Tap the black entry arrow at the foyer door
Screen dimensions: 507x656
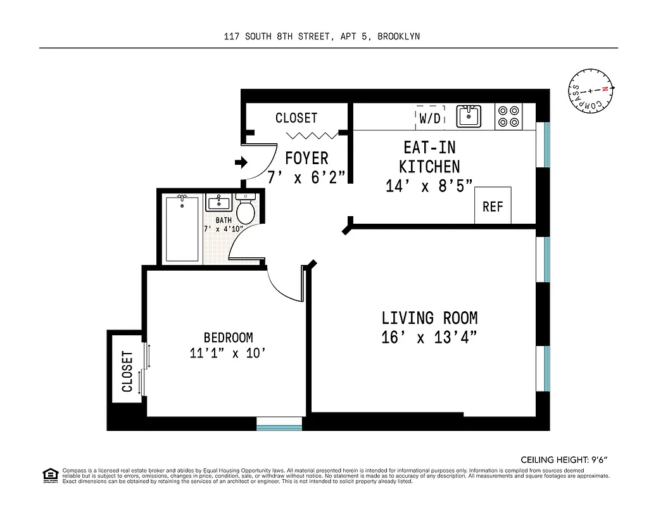[241, 163]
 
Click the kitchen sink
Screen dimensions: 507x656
[469, 117]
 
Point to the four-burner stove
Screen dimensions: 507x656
[508, 116]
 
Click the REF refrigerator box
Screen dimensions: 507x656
[493, 206]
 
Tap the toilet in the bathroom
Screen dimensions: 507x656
[246, 209]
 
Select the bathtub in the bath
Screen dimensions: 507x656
[182, 229]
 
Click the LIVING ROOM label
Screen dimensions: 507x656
[429, 318]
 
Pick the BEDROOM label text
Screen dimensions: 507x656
[228, 337]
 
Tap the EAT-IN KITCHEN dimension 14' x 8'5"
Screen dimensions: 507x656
[430, 186]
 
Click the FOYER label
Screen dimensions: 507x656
[306, 158]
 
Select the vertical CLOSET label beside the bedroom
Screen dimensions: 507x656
[127, 371]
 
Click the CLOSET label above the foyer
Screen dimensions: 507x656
[296, 118]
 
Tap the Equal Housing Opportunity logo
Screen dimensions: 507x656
[49, 475]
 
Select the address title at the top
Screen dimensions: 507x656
[322, 36]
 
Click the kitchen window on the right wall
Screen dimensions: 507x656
[546, 145]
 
